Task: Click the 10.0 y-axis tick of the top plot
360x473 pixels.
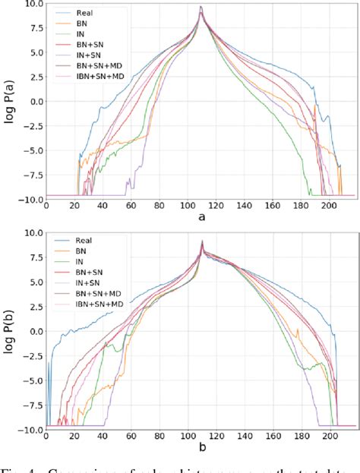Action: tap(32, 5)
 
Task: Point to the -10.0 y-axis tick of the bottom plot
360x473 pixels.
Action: tap(30, 429)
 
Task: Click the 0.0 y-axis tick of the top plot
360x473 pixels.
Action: tap(34, 100)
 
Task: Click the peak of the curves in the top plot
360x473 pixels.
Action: tap(201, 7)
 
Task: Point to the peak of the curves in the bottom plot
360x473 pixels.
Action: tap(202, 241)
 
